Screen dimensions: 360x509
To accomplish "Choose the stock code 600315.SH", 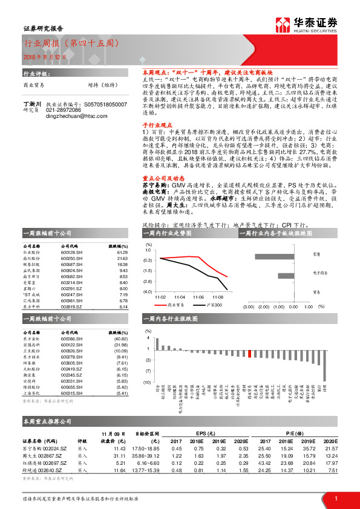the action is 73,394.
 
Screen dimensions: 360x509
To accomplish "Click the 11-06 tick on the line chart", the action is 199,297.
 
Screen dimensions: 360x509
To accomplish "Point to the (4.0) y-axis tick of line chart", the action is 148,292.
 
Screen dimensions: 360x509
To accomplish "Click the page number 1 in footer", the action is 336,498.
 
